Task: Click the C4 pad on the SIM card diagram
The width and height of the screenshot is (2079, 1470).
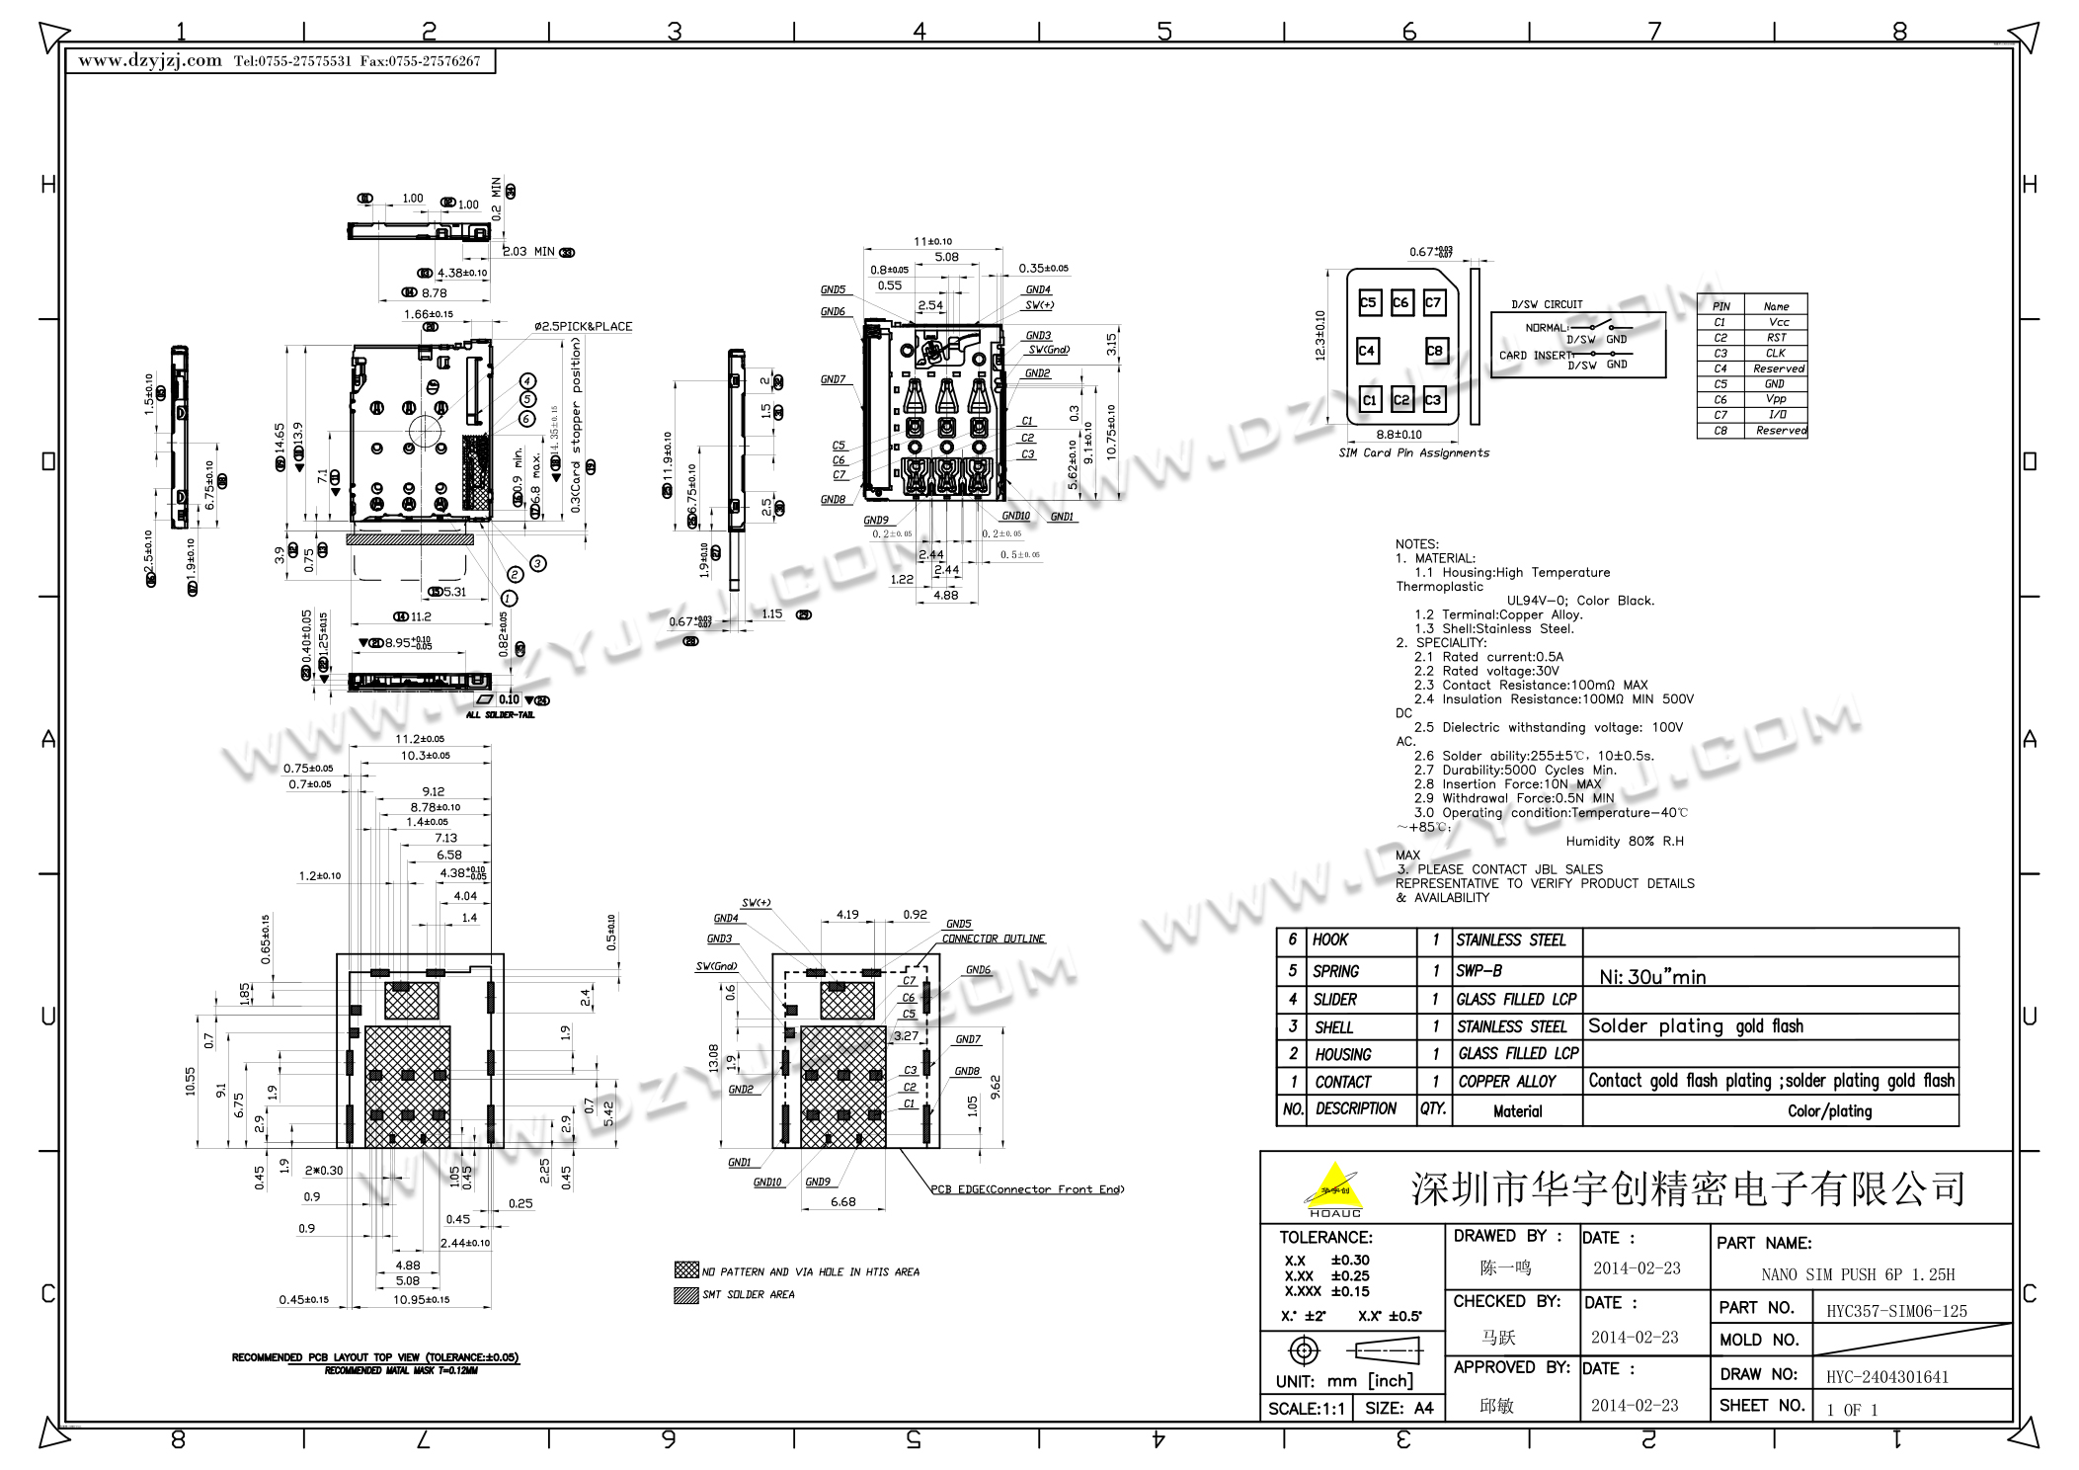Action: coord(1366,351)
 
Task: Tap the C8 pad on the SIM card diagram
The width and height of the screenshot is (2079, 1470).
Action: coord(1434,351)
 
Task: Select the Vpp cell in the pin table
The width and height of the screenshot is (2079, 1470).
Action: coord(1776,399)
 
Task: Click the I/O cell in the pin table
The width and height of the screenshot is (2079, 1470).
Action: coord(1776,415)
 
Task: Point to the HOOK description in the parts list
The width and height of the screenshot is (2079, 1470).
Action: coord(1329,940)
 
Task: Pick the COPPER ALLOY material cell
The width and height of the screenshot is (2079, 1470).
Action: coord(1507,1082)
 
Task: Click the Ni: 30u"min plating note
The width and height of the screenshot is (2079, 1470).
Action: coord(1652,977)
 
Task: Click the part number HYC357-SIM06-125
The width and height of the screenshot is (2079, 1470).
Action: coord(1896,1311)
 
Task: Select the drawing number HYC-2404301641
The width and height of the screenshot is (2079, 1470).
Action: coord(1886,1377)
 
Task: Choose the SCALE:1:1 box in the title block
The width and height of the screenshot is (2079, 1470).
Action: coord(1306,1409)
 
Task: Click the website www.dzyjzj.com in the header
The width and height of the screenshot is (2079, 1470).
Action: coord(150,61)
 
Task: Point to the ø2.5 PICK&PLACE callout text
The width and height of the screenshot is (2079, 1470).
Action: coord(583,327)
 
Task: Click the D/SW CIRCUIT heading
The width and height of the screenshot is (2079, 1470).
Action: coord(1547,304)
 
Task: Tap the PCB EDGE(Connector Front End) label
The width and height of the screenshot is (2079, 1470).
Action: coord(1027,1189)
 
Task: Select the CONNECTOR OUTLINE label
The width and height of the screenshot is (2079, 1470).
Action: coord(993,939)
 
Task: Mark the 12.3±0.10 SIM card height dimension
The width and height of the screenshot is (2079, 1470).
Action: coord(1320,336)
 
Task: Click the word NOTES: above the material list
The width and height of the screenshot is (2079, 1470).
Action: coord(1416,544)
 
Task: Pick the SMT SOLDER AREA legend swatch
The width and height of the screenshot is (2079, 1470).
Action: coord(685,1295)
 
